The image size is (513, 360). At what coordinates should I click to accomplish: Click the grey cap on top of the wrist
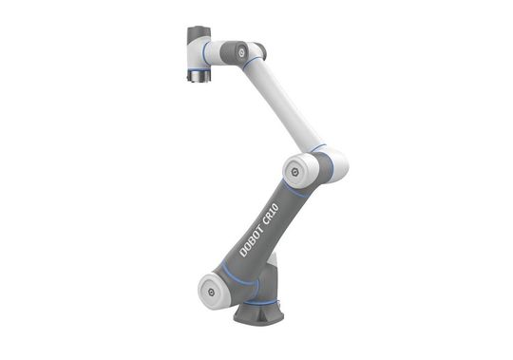tap(198, 34)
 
